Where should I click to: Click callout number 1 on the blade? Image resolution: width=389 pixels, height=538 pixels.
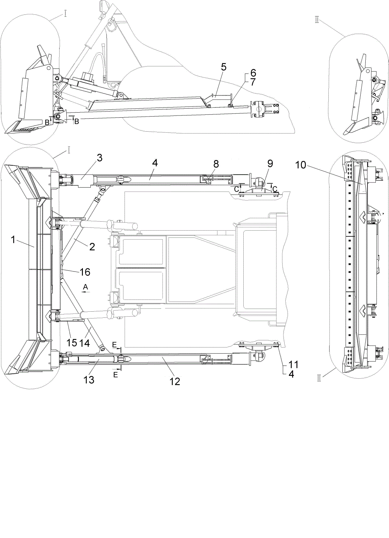(x=13, y=240)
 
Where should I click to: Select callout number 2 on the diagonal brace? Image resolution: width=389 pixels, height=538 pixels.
(x=92, y=247)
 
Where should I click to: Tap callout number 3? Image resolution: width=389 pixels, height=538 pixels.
(x=99, y=158)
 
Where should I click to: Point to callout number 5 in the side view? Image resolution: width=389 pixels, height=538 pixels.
(x=224, y=67)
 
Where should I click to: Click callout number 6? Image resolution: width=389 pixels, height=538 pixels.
(x=253, y=73)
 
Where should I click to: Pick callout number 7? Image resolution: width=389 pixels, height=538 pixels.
(x=253, y=82)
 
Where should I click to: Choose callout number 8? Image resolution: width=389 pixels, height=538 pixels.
(x=216, y=164)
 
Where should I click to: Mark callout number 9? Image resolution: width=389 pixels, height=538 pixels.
(x=270, y=164)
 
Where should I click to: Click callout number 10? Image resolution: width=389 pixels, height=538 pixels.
(x=301, y=165)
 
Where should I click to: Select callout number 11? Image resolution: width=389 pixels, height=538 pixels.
(x=293, y=365)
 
